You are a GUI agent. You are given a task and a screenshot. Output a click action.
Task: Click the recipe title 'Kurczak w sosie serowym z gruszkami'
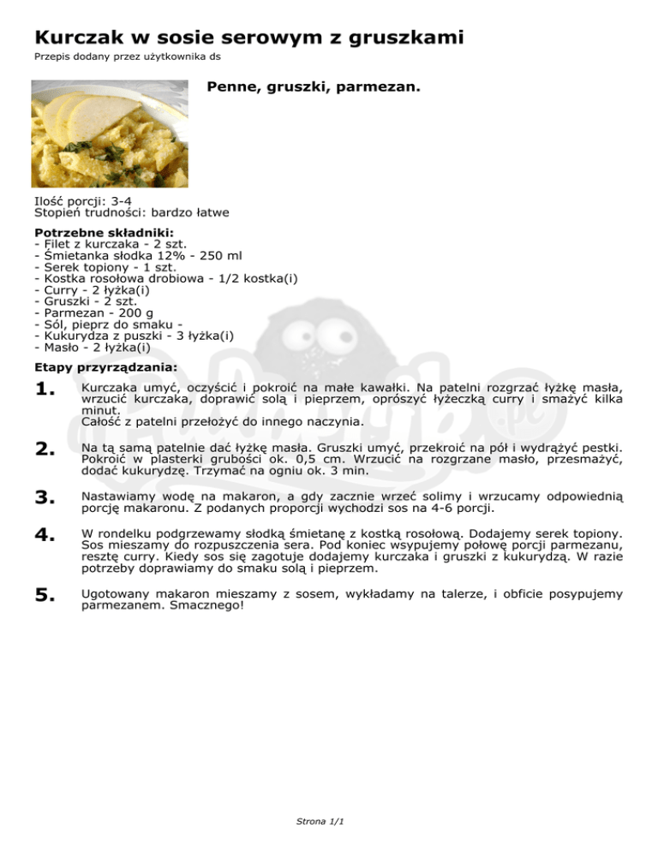click(x=249, y=38)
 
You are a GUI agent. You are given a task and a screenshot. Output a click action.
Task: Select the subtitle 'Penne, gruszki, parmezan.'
click(x=314, y=87)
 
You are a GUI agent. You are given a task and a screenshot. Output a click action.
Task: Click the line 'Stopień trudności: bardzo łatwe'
click(x=132, y=213)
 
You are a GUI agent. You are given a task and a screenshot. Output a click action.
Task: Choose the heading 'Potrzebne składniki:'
click(x=104, y=232)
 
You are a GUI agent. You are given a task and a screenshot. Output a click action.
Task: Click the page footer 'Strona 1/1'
click(x=319, y=822)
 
